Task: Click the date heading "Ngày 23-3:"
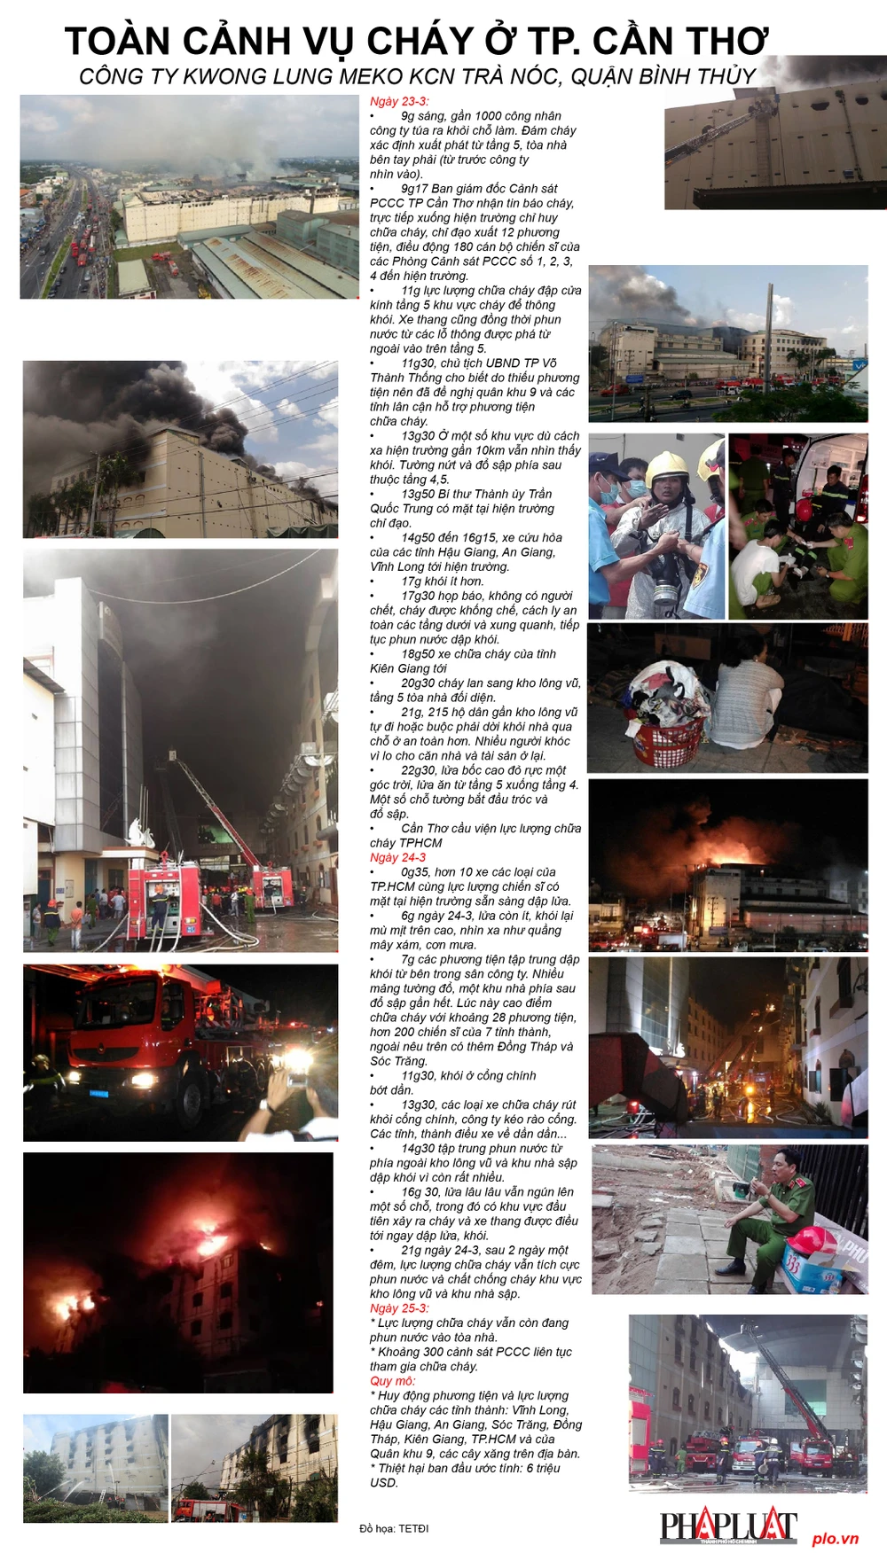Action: pyautogui.click(x=399, y=101)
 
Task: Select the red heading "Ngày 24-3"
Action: pyautogui.click(x=397, y=857)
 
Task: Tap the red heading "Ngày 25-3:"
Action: pyautogui.click(x=399, y=1308)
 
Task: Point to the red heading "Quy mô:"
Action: pyautogui.click(x=392, y=1381)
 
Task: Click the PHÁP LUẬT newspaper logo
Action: pyautogui.click(x=728, y=1526)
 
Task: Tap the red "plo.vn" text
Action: pyautogui.click(x=836, y=1538)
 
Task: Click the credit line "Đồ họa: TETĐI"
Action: pyautogui.click(x=394, y=1528)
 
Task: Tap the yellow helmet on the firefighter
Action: pyautogui.click(x=668, y=467)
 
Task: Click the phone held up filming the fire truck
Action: pyautogui.click(x=296, y=1080)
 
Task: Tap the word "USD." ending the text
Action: pyautogui.click(x=384, y=1482)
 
